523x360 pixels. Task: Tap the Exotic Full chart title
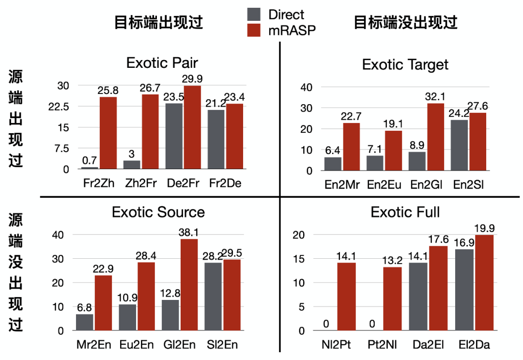coord(405,212)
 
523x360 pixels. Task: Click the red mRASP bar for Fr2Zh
coord(108,133)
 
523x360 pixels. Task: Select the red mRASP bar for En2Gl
coord(435,137)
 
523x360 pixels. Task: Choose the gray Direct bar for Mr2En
coord(84,322)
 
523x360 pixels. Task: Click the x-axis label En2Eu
coord(382,185)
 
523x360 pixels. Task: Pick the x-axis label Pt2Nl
coord(383,345)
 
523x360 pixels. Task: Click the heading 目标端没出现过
coord(406,22)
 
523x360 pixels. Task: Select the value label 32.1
coord(435,96)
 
